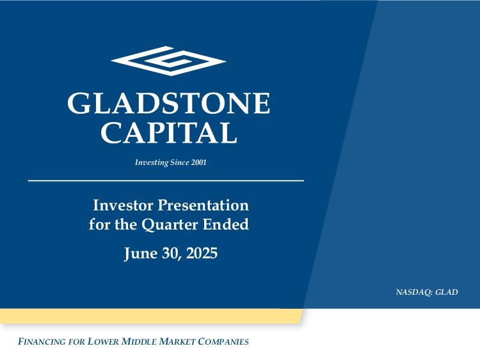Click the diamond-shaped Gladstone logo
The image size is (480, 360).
tap(168, 61)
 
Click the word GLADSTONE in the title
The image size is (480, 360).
tap(169, 104)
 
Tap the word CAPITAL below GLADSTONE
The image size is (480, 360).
tap(169, 132)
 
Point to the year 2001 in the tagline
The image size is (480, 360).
tap(198, 162)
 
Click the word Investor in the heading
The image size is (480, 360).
tap(123, 205)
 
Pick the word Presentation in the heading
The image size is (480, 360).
tap(204, 205)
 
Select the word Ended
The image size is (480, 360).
tap(226, 224)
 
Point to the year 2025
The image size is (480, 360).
tap(202, 253)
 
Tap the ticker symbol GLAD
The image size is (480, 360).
tap(447, 292)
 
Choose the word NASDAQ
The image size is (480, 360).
tap(414, 292)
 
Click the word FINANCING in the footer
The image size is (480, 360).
tap(42, 341)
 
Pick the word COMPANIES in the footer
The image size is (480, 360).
tap(223, 341)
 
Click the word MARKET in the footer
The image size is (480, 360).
tap(177, 341)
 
